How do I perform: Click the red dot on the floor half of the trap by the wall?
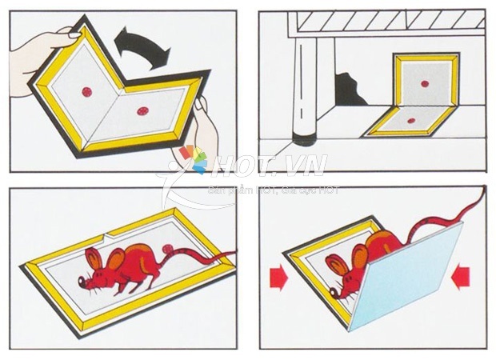(410, 121)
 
